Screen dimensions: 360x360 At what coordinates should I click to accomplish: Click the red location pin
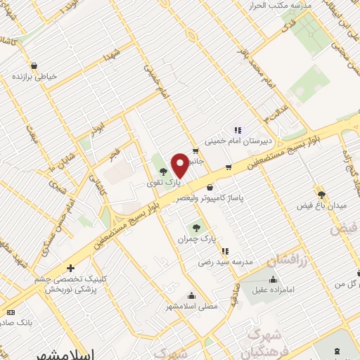(179, 165)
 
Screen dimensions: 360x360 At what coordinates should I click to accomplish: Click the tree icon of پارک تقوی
(163, 171)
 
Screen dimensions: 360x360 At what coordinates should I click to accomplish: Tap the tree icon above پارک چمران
(196, 227)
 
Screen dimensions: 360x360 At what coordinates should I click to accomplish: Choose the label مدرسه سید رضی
(224, 262)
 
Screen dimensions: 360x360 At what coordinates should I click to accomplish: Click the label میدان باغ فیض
(323, 206)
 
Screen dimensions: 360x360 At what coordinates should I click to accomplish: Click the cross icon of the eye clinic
(70, 269)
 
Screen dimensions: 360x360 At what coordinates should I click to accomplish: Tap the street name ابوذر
(97, 129)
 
